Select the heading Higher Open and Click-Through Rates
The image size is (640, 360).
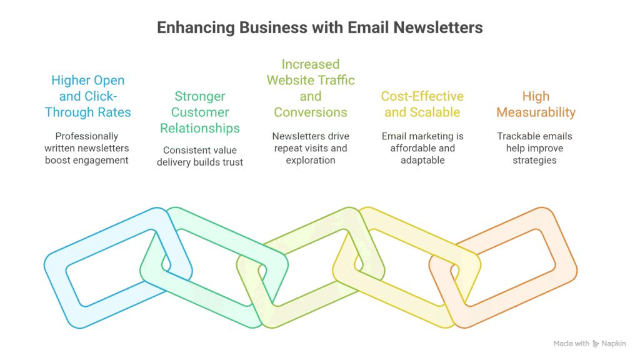(x=87, y=96)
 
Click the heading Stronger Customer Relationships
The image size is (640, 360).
(x=200, y=112)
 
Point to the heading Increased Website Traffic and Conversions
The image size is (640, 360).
(x=311, y=88)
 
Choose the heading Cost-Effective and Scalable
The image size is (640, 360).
(x=422, y=104)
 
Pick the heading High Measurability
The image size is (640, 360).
(x=536, y=104)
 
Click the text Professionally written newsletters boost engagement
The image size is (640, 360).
(x=87, y=148)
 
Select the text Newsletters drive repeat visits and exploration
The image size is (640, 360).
(x=311, y=148)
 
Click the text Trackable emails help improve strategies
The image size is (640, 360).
(x=534, y=148)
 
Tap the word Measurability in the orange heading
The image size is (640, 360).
(x=536, y=112)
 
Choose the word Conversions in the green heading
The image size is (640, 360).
(x=311, y=112)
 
